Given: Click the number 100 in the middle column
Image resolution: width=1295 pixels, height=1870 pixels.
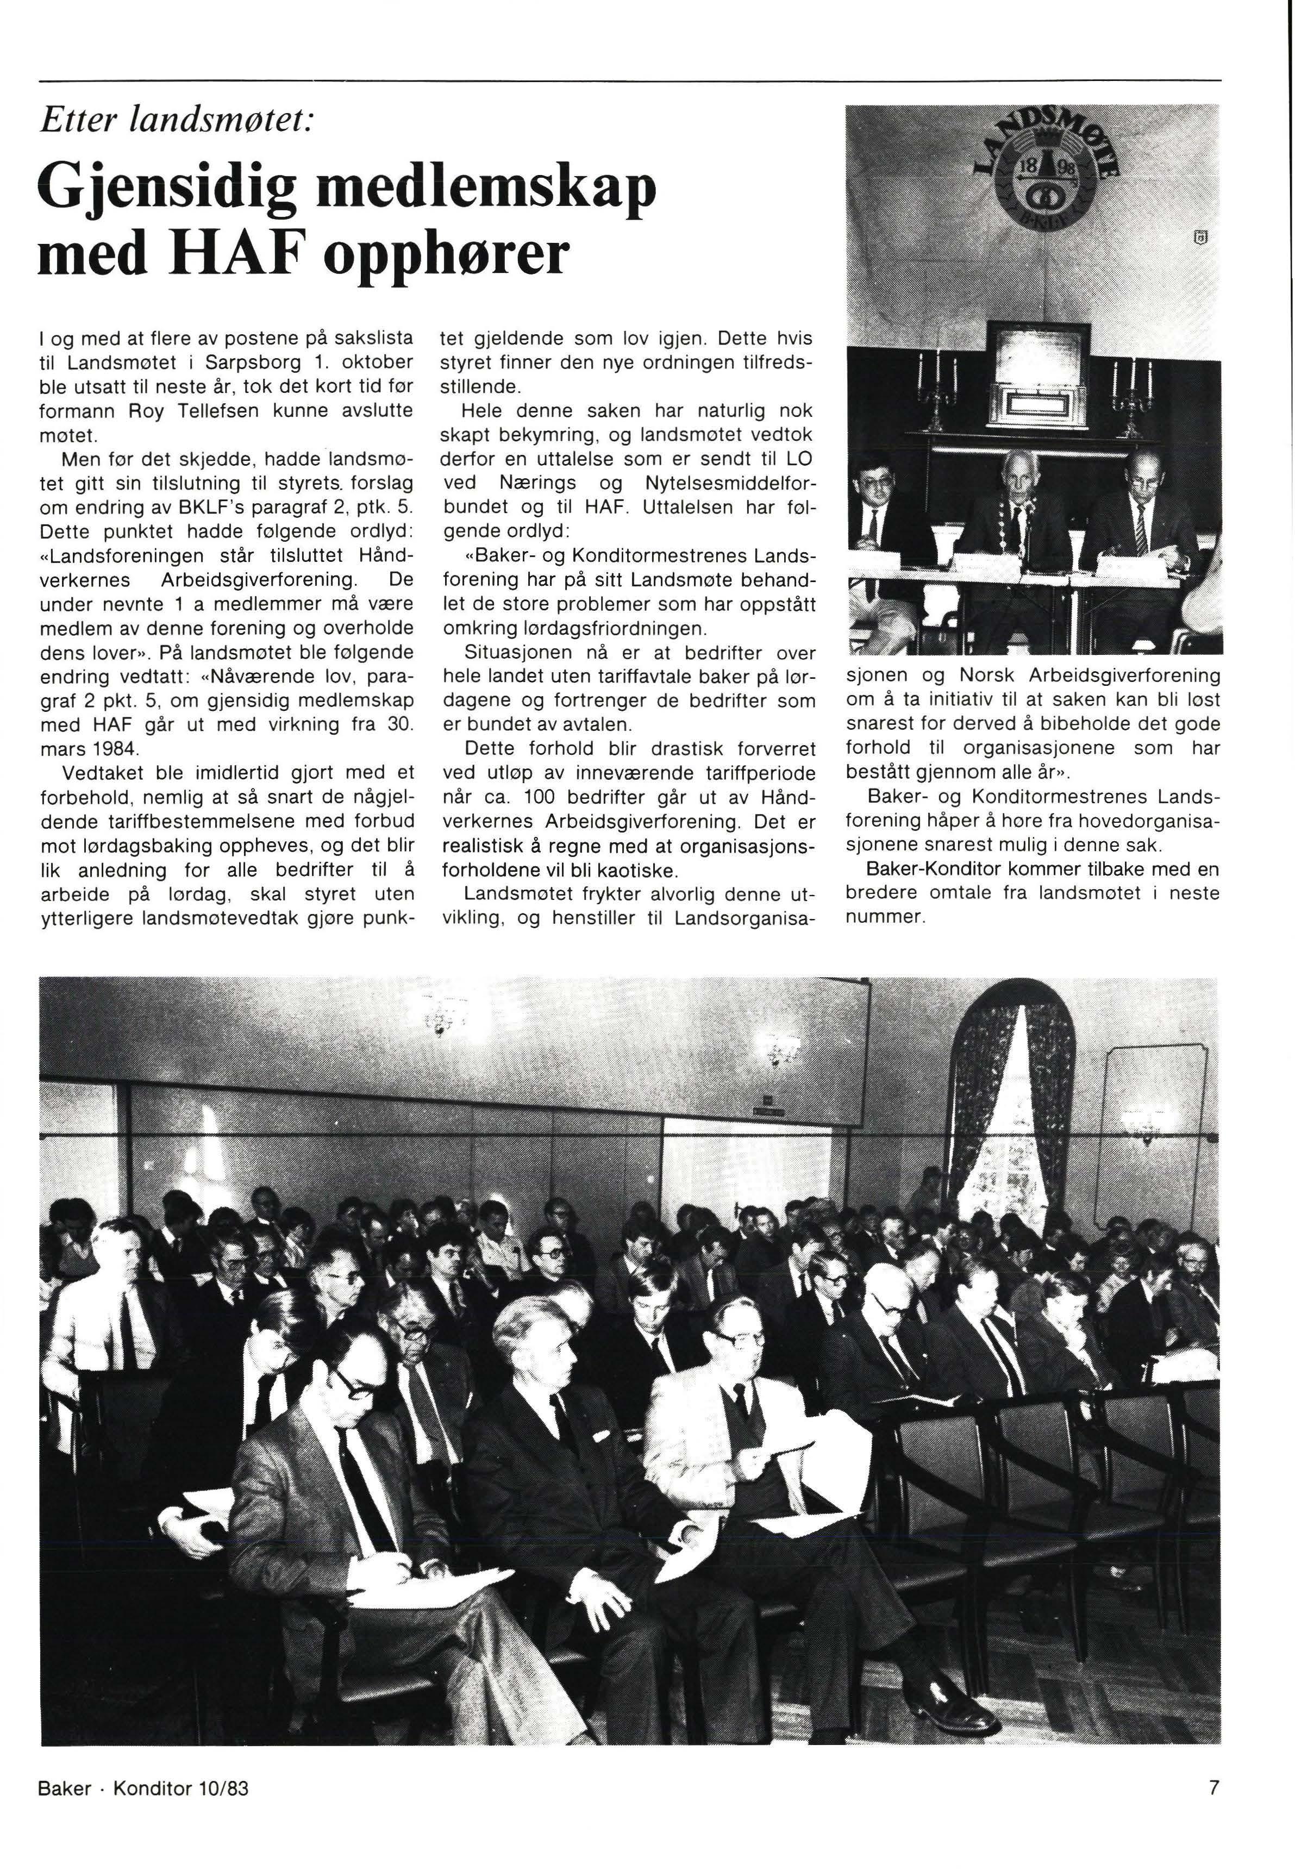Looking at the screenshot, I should point(545,797).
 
